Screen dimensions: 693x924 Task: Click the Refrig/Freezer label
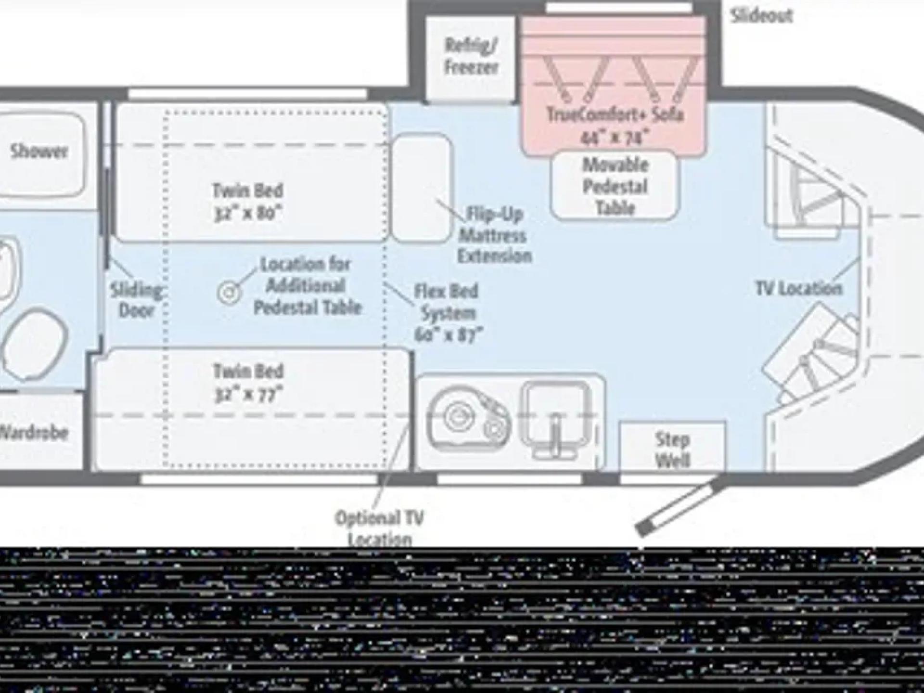click(470, 56)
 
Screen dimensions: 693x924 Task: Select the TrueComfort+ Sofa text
click(615, 115)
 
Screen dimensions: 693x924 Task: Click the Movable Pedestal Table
click(615, 186)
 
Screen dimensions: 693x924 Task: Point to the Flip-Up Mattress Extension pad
click(422, 188)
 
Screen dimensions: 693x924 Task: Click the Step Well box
click(672, 449)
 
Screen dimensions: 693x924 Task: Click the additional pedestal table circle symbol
click(229, 292)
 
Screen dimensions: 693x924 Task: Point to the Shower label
click(39, 152)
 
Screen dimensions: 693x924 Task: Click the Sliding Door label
click(136, 300)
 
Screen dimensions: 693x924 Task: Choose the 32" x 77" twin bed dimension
click(248, 394)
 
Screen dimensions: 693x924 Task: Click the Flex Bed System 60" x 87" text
click(447, 313)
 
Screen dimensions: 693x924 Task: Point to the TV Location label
click(798, 289)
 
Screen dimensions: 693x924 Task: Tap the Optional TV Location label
click(379, 527)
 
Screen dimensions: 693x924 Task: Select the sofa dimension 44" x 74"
click(615, 139)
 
